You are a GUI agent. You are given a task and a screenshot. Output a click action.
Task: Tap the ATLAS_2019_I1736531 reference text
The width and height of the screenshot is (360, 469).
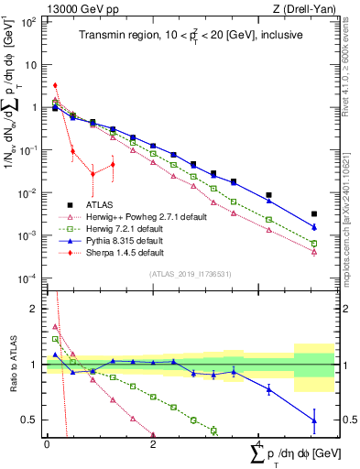182,273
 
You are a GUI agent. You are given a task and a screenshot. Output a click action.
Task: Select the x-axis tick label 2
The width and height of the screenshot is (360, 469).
153,443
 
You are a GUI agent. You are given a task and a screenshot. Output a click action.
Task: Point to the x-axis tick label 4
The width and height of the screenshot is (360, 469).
259,443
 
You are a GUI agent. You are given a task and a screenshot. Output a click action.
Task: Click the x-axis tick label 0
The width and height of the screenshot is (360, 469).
47,443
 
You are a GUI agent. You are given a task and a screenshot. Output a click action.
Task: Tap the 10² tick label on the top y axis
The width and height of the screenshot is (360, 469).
29,22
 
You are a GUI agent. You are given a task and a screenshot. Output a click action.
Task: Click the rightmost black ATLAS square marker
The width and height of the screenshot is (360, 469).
314,214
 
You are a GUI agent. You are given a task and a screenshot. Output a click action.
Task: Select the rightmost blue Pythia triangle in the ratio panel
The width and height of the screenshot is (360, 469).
314,420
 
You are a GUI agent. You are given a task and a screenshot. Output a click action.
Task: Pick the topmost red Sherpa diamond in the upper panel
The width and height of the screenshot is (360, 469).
56,85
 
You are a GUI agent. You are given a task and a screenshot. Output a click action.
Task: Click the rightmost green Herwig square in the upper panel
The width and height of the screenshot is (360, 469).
314,244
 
